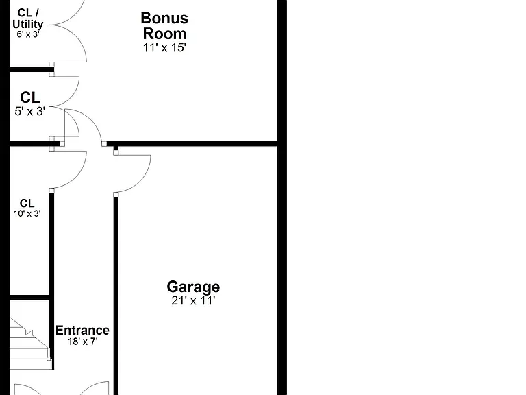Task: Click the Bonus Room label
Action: [164, 26]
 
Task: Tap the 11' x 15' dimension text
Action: [164, 48]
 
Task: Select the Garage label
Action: [193, 287]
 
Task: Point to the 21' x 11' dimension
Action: [193, 300]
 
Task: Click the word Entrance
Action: [82, 330]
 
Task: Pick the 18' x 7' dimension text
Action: [82, 342]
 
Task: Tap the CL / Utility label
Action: [28, 19]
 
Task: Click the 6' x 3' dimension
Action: [28, 34]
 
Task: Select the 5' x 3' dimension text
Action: [30, 111]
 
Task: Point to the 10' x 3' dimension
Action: [27, 214]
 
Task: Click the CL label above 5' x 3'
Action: [30, 97]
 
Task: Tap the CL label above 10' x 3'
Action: [27, 203]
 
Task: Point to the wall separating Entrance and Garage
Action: [116, 296]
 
